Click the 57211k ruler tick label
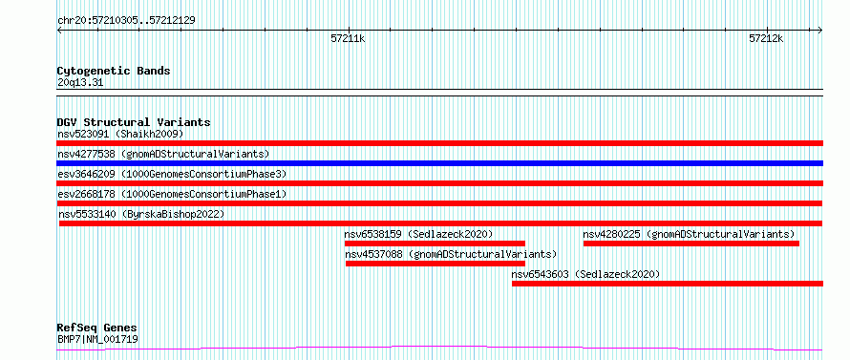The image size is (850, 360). tap(348, 39)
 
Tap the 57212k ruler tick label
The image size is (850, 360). tap(767, 39)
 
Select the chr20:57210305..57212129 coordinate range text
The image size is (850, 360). tap(126, 21)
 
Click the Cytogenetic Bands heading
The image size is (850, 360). tap(114, 71)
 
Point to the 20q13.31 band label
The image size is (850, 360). tap(80, 83)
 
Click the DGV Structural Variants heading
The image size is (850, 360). tap(134, 122)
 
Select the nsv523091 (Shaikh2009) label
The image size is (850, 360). tap(120, 134)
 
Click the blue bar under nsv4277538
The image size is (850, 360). tap(440, 163)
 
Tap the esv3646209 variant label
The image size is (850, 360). tap(86, 174)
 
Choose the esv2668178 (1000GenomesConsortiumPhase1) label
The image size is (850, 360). tap(172, 194)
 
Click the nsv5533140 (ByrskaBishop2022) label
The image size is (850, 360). tap(141, 214)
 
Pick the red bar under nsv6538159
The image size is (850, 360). tap(435, 243)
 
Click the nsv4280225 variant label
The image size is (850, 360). tap(612, 234)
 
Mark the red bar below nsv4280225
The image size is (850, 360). tap(691, 244)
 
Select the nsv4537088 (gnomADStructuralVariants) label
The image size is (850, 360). tap(451, 254)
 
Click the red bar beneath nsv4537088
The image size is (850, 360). tap(436, 264)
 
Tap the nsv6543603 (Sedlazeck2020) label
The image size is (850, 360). tap(586, 274)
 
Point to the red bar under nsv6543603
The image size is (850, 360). tap(668, 284)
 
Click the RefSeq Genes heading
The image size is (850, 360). tap(97, 328)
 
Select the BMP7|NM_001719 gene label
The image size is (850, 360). tap(97, 340)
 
